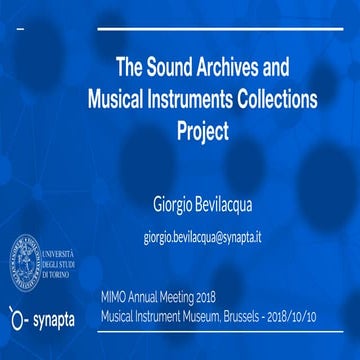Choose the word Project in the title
[203, 131]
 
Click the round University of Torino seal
[30, 259]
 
